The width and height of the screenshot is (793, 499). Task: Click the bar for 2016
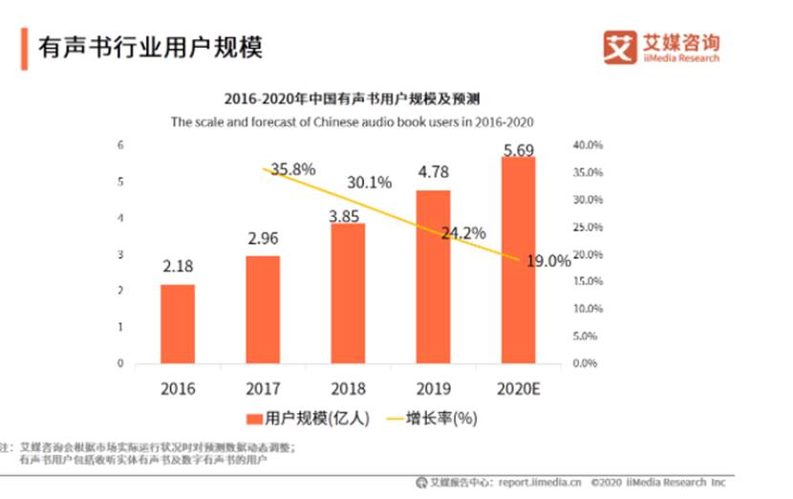point(178,324)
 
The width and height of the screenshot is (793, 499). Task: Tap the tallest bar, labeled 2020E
point(518,260)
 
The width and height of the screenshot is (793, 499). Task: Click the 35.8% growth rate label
point(292,169)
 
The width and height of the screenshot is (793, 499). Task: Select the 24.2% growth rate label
point(463,232)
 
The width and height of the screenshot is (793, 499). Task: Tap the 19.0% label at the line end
point(547,260)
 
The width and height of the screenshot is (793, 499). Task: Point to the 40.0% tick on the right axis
point(587,145)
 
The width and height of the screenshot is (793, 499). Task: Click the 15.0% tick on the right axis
point(587,282)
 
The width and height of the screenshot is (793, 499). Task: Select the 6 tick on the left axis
point(120,145)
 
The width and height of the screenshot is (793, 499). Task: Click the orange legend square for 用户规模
point(254,418)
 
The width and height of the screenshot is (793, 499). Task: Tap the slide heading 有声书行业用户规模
point(149,48)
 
